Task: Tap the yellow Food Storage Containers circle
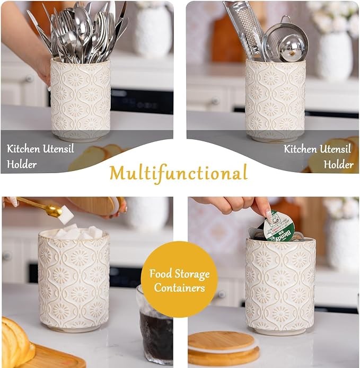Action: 179,279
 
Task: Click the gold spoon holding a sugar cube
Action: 42,206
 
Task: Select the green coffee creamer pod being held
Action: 279,226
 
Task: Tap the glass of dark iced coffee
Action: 155,325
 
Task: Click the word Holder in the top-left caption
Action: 22,164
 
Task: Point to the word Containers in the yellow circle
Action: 179,288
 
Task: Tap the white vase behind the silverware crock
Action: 153,31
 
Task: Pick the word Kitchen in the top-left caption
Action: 23,149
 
